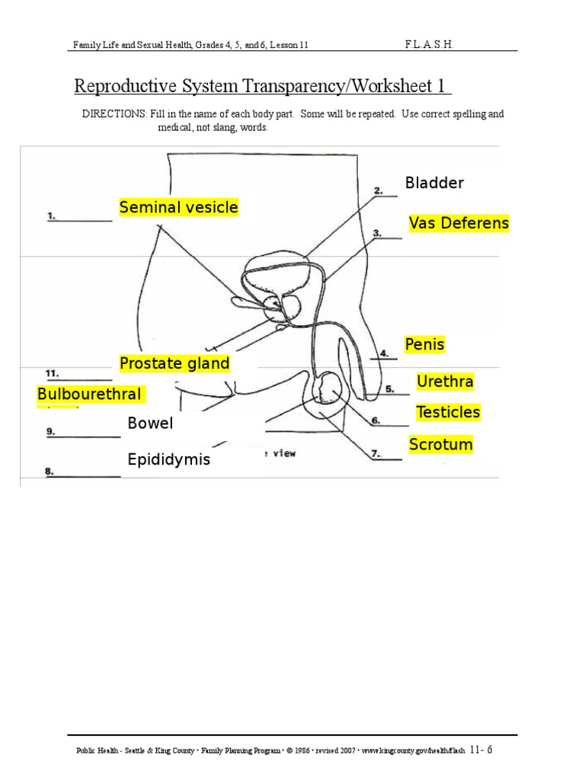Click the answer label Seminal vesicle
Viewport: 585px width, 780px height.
click(178, 207)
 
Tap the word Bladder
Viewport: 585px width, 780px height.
click(434, 183)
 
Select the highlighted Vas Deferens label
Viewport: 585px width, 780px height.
click(459, 223)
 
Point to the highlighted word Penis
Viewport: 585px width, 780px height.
click(424, 345)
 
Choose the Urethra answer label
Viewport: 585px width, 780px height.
click(445, 381)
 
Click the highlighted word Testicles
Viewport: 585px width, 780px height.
click(448, 412)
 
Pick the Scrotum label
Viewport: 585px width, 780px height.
click(441, 444)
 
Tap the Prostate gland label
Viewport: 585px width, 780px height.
click(174, 363)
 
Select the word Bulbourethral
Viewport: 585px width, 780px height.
click(89, 394)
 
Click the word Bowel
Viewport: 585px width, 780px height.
click(150, 424)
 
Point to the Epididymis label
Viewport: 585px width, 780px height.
click(169, 460)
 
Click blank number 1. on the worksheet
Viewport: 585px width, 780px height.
click(52, 216)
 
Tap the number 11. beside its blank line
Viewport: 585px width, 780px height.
click(53, 373)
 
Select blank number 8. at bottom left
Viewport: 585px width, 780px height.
click(50, 472)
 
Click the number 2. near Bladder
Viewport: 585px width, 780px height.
click(378, 190)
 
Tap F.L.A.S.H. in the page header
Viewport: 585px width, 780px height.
click(430, 45)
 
